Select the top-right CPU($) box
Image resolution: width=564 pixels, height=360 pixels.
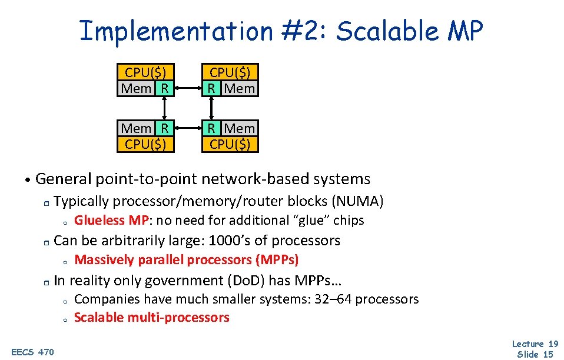[x=230, y=72]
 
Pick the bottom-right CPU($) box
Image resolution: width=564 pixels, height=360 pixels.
[x=230, y=144]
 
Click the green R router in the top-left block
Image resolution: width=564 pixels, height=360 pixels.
[x=164, y=88]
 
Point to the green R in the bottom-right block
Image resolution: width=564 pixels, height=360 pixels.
[x=211, y=128]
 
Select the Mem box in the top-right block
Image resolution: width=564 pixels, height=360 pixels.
[x=239, y=88]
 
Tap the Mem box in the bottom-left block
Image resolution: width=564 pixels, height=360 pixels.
[x=135, y=128]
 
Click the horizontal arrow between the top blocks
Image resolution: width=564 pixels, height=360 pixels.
[x=188, y=89]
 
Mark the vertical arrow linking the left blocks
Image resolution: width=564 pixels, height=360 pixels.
[x=165, y=108]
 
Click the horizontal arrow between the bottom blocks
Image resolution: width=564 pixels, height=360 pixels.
[x=188, y=128]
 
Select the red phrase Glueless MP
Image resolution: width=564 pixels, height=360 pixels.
[x=108, y=221]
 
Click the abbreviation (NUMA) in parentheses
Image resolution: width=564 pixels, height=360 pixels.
[x=358, y=201]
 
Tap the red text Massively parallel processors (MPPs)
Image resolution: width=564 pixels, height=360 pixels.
[x=187, y=260]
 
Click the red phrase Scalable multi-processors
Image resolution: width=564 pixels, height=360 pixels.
[x=151, y=318]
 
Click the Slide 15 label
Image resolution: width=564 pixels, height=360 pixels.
[x=535, y=354]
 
